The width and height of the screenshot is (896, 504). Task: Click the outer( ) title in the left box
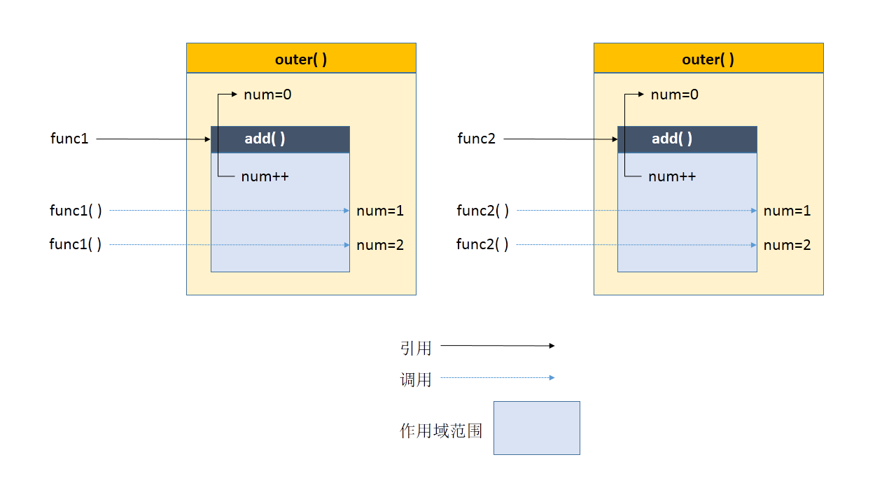coord(301,59)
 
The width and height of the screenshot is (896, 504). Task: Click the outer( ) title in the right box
coord(708,59)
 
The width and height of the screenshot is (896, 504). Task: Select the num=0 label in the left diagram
coord(267,94)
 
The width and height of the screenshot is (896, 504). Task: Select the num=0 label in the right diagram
coord(674,94)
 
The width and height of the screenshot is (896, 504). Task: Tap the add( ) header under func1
coord(265,139)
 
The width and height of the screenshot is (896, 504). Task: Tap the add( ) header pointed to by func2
coord(672,139)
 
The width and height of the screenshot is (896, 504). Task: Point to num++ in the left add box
coord(265,176)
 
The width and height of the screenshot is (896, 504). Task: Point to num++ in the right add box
coord(672,176)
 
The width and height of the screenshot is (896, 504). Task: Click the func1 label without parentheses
coord(69,139)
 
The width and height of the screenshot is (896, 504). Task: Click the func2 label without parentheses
coord(477,139)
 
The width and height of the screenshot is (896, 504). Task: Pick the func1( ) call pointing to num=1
coord(76,211)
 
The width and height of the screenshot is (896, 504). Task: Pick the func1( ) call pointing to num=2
coord(75,244)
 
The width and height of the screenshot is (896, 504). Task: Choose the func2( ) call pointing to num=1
coord(483,211)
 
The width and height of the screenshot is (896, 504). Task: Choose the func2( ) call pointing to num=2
coord(482,244)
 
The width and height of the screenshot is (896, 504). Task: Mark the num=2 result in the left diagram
coord(380,245)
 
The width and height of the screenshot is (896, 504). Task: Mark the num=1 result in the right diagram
coord(787,211)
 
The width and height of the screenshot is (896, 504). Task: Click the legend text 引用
coord(416,348)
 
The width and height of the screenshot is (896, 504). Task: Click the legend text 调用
coord(416,379)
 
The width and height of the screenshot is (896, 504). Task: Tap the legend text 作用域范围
coord(441,430)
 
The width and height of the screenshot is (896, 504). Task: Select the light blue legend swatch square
coord(537,428)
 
